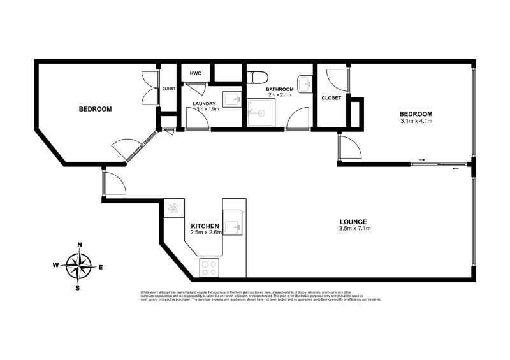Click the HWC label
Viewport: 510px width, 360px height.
[195, 74]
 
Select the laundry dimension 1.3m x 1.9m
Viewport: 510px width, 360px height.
[206, 109]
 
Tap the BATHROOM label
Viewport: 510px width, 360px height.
[280, 89]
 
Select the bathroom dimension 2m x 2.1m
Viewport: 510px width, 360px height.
[280, 95]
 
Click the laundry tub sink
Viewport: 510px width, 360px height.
[234, 99]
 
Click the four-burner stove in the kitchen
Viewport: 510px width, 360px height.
[210, 268]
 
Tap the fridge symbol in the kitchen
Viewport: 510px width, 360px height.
[173, 208]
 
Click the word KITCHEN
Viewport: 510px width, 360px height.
[205, 226]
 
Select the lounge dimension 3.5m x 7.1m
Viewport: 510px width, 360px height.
[355, 228]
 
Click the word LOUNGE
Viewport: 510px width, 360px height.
[355, 221]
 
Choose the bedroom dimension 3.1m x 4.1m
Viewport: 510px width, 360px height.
[416, 121]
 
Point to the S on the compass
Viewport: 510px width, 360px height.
[78, 287]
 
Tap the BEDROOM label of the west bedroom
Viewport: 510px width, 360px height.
[95, 109]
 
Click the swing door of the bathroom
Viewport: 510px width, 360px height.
[297, 119]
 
